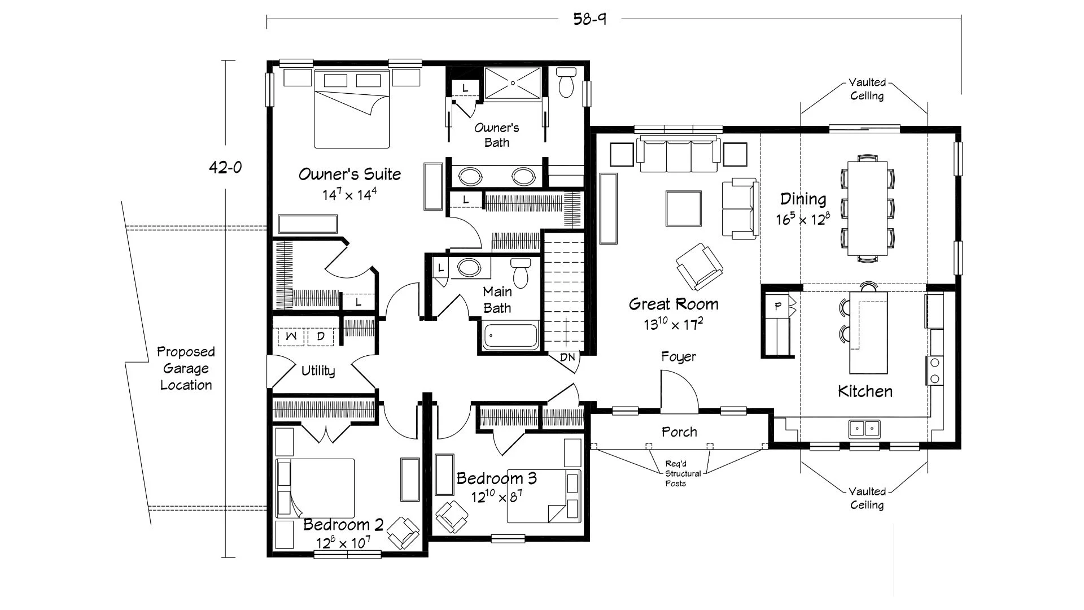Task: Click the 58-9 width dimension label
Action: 590,19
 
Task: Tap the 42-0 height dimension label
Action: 225,167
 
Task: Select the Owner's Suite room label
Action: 349,174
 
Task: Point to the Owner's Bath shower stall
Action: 513,83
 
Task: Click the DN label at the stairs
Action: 567,357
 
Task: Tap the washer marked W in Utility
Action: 291,337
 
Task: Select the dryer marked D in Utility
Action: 320,337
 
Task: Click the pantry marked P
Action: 779,307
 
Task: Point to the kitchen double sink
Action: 864,429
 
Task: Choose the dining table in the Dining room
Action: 867,209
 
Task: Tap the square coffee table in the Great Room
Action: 684,208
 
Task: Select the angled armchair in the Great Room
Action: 700,267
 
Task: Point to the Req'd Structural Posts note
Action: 683,473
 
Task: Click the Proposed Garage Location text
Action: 186,368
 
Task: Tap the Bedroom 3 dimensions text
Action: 496,497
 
